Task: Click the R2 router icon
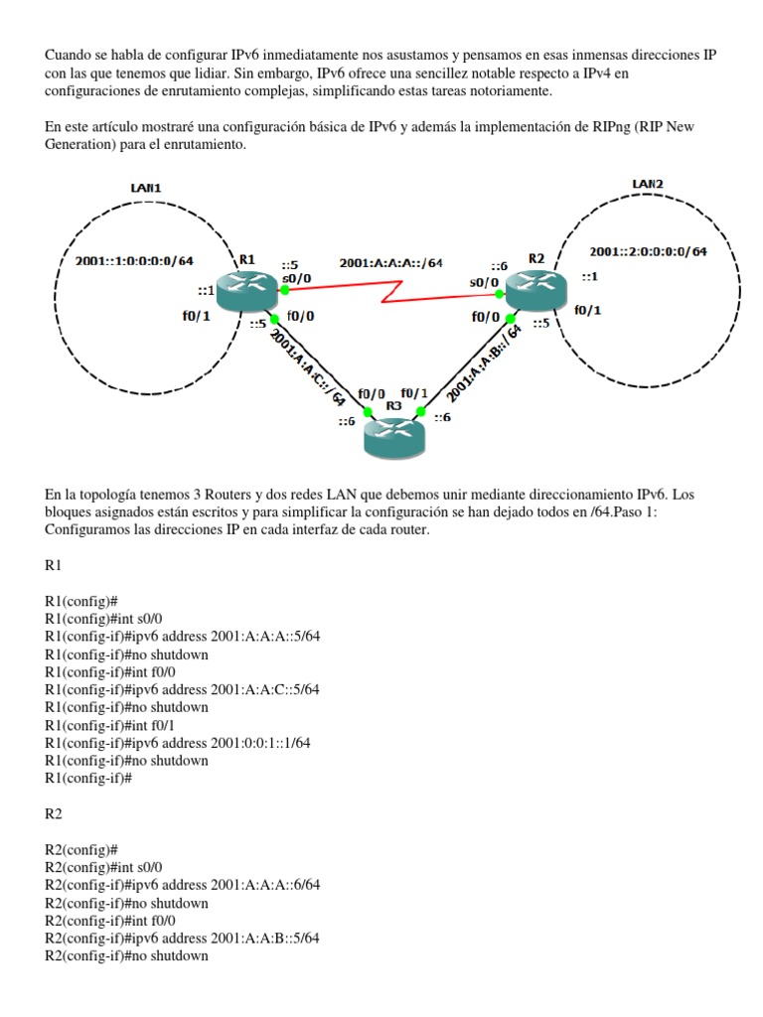click(x=533, y=287)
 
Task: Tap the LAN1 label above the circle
click(x=146, y=188)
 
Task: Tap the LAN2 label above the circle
click(x=648, y=183)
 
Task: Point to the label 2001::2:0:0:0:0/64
click(x=648, y=251)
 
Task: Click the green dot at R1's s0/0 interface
click(x=285, y=291)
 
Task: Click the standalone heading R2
click(x=54, y=812)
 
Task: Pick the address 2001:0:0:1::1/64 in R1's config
click(x=262, y=742)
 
